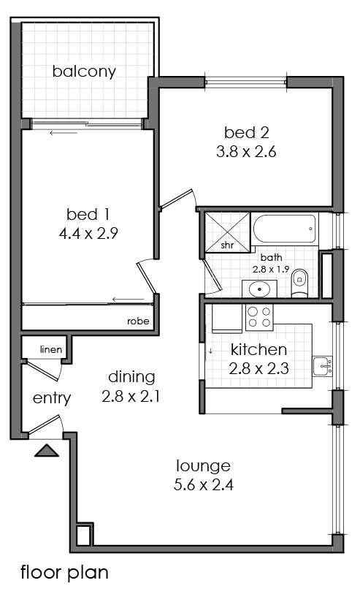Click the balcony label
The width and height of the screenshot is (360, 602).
point(84,72)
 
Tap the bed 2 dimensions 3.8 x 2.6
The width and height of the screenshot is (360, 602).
point(246,152)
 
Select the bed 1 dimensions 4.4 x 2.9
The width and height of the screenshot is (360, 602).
point(88,233)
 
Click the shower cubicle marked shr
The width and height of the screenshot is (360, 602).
point(227,232)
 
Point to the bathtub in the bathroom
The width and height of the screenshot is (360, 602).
point(286,229)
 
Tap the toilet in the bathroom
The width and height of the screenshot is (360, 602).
point(299,283)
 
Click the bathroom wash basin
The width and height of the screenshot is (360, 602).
point(259,289)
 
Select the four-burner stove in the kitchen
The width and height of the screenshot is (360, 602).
point(259,317)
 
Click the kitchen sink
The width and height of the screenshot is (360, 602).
point(322,367)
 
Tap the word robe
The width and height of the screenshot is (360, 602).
point(138,321)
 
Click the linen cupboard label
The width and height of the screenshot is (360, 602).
point(51,349)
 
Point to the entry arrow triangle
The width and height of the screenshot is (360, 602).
point(47,450)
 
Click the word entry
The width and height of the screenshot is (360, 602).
point(52,398)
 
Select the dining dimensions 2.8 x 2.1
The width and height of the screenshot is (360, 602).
point(131,396)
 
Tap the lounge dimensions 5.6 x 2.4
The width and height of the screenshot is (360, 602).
point(204,485)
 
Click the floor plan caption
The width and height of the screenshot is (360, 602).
point(64,572)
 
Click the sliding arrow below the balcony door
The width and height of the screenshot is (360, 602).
point(64,133)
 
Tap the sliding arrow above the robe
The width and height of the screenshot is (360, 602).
point(129,300)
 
